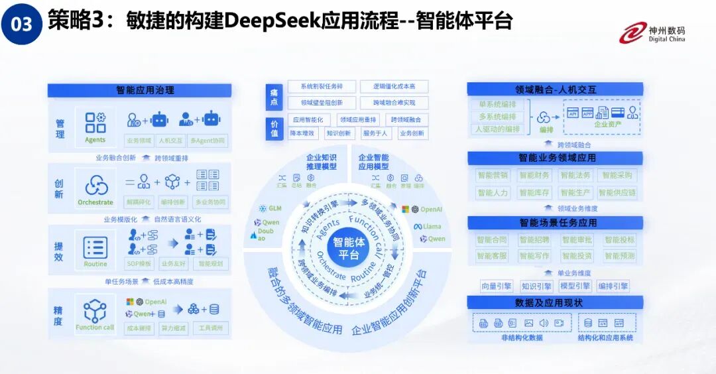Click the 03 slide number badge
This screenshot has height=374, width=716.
[22, 25]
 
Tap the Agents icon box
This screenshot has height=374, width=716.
[95, 127]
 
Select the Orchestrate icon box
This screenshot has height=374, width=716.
[95, 189]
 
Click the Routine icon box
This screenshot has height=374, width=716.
[95, 251]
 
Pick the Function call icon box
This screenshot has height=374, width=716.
[95, 314]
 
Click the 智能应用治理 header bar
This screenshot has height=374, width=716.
[139, 90]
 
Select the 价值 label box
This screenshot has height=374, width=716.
[274, 128]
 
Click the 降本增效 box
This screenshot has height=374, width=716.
[303, 133]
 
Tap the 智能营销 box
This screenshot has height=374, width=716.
[492, 176]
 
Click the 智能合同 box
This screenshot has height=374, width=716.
[491, 239]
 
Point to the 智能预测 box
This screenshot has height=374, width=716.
[619, 256]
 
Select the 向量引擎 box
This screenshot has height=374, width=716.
[497, 286]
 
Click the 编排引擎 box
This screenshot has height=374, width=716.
[613, 286]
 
